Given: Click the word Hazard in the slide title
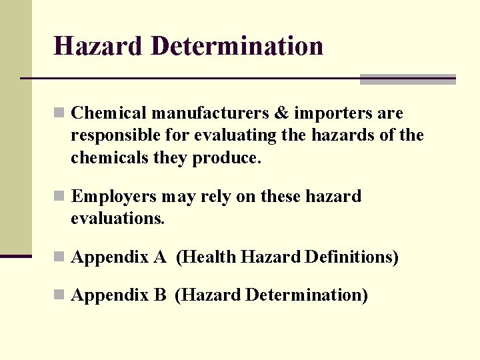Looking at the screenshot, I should click(x=98, y=46).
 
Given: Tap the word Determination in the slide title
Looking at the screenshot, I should click(x=237, y=46).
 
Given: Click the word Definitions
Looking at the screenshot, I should click(x=351, y=257).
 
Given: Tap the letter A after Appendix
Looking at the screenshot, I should click(x=160, y=257).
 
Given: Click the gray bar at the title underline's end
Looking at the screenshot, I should click(x=407, y=79).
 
